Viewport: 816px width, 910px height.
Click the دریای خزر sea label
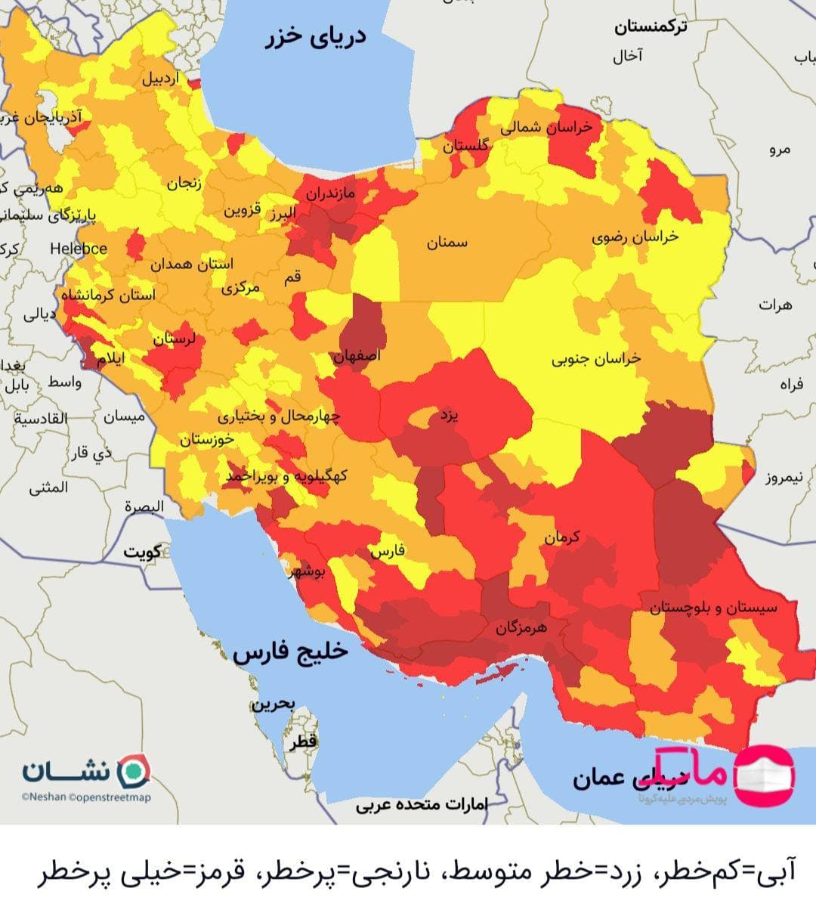point(317,37)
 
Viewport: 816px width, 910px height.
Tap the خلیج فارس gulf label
point(291,652)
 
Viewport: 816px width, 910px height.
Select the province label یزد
point(449,416)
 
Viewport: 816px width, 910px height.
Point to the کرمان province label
point(561,537)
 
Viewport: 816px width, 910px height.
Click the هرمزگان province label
point(521,627)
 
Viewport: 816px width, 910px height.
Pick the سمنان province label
point(447,243)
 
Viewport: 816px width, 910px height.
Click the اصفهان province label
point(357,355)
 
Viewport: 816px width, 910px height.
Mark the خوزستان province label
point(206,439)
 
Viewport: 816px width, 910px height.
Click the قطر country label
point(302,743)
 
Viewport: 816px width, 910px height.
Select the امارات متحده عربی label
point(422,804)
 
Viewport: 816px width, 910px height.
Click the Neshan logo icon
point(135,770)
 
